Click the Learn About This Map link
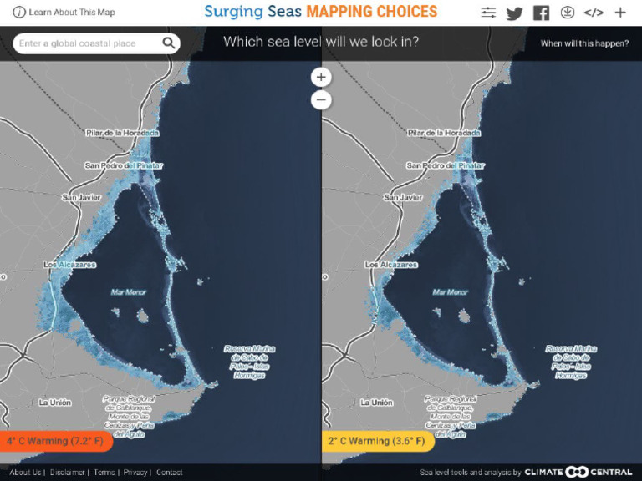64,13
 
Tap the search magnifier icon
169,43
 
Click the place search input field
87,43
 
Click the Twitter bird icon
514,13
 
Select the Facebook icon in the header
541,13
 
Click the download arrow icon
568,13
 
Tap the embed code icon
594,13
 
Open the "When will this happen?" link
584,43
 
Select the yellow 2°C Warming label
375,441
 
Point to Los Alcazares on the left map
70,265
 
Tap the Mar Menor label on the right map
451,292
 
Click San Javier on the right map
403,198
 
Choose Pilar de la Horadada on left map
122,133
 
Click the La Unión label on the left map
55,403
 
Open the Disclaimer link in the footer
68,473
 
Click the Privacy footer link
135,473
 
